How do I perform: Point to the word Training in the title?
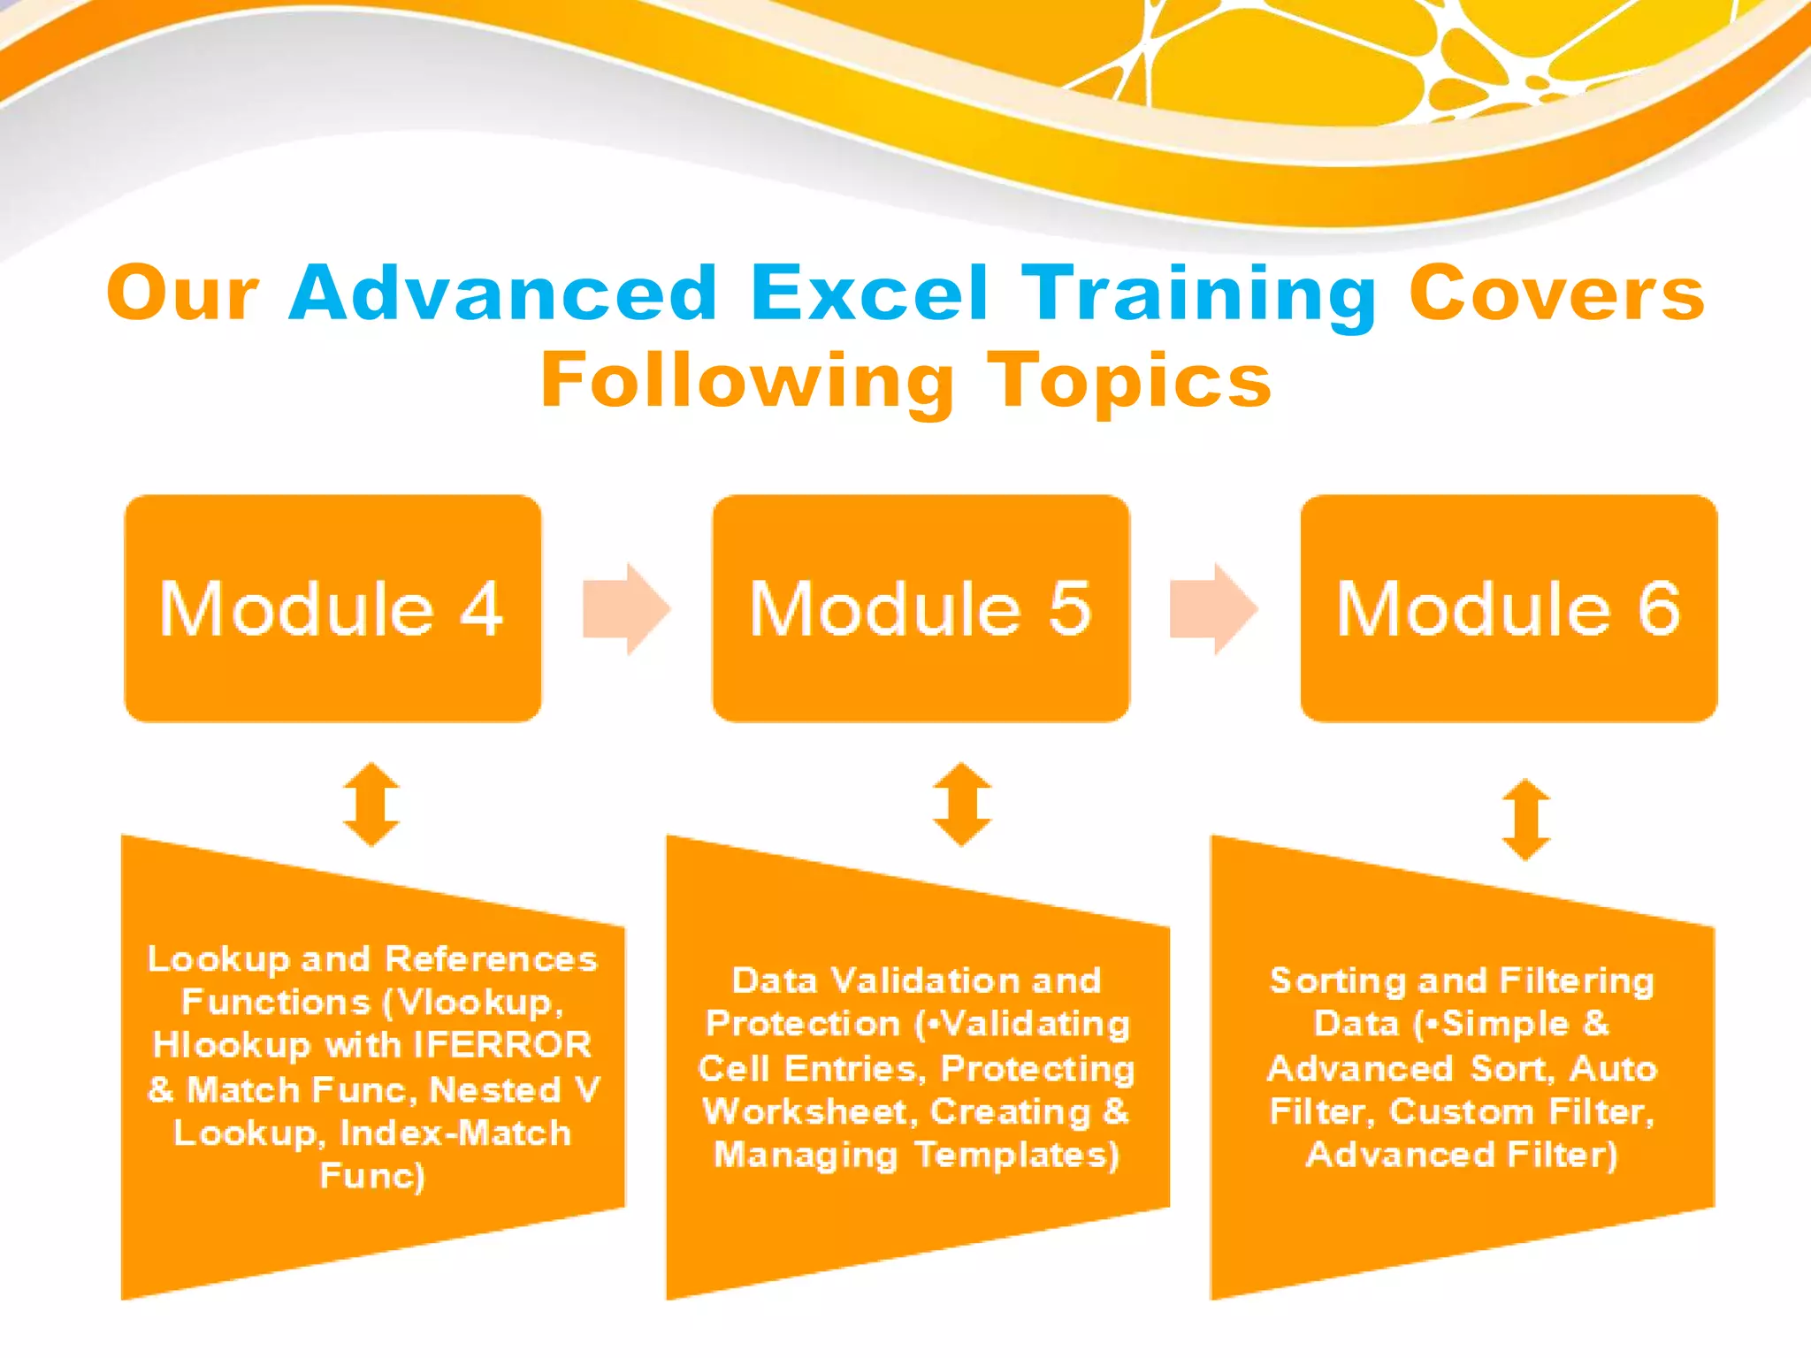pyautogui.click(x=1198, y=294)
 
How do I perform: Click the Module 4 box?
pyautogui.click(x=332, y=608)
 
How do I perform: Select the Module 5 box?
pyautogui.click(x=921, y=608)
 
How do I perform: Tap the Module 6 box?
pyautogui.click(x=1509, y=608)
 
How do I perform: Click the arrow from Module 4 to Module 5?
pyautogui.click(x=627, y=608)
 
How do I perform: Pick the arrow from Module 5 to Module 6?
pyautogui.click(x=1214, y=608)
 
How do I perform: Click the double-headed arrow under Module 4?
pyautogui.click(x=371, y=805)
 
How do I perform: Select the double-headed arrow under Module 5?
pyautogui.click(x=962, y=805)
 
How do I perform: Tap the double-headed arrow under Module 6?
pyautogui.click(x=1526, y=820)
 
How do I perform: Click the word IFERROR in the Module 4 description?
pyautogui.click(x=502, y=1045)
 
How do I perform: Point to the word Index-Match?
pyautogui.click(x=455, y=1133)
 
